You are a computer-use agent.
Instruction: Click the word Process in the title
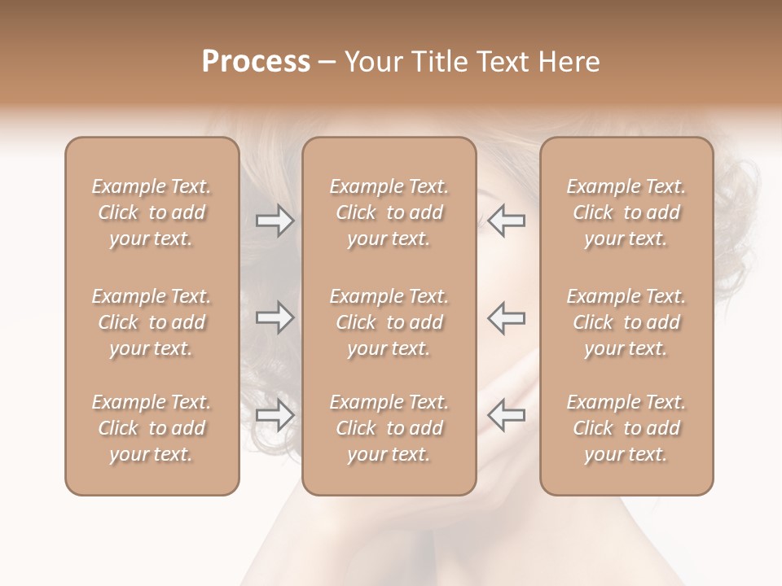click(x=256, y=62)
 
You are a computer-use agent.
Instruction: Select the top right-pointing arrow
click(x=275, y=221)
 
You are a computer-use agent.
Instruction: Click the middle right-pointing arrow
click(x=275, y=317)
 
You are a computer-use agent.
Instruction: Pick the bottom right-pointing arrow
click(x=275, y=415)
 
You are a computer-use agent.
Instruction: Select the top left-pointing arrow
click(x=507, y=221)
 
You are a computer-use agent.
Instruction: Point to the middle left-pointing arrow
click(x=507, y=317)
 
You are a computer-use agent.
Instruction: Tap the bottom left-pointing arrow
click(x=507, y=415)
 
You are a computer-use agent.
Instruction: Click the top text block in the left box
click(x=152, y=212)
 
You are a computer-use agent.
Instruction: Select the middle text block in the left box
click(x=152, y=322)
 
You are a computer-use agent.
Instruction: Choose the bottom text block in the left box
click(x=152, y=428)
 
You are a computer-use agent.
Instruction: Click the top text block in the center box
click(x=389, y=212)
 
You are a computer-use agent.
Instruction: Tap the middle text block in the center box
click(x=389, y=322)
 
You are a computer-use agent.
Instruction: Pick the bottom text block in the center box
click(x=389, y=428)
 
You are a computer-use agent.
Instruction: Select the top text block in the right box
click(x=626, y=212)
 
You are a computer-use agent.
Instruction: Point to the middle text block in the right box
click(x=626, y=322)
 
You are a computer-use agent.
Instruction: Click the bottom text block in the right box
click(x=626, y=428)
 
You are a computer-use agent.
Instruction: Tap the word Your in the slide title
click(x=371, y=62)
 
